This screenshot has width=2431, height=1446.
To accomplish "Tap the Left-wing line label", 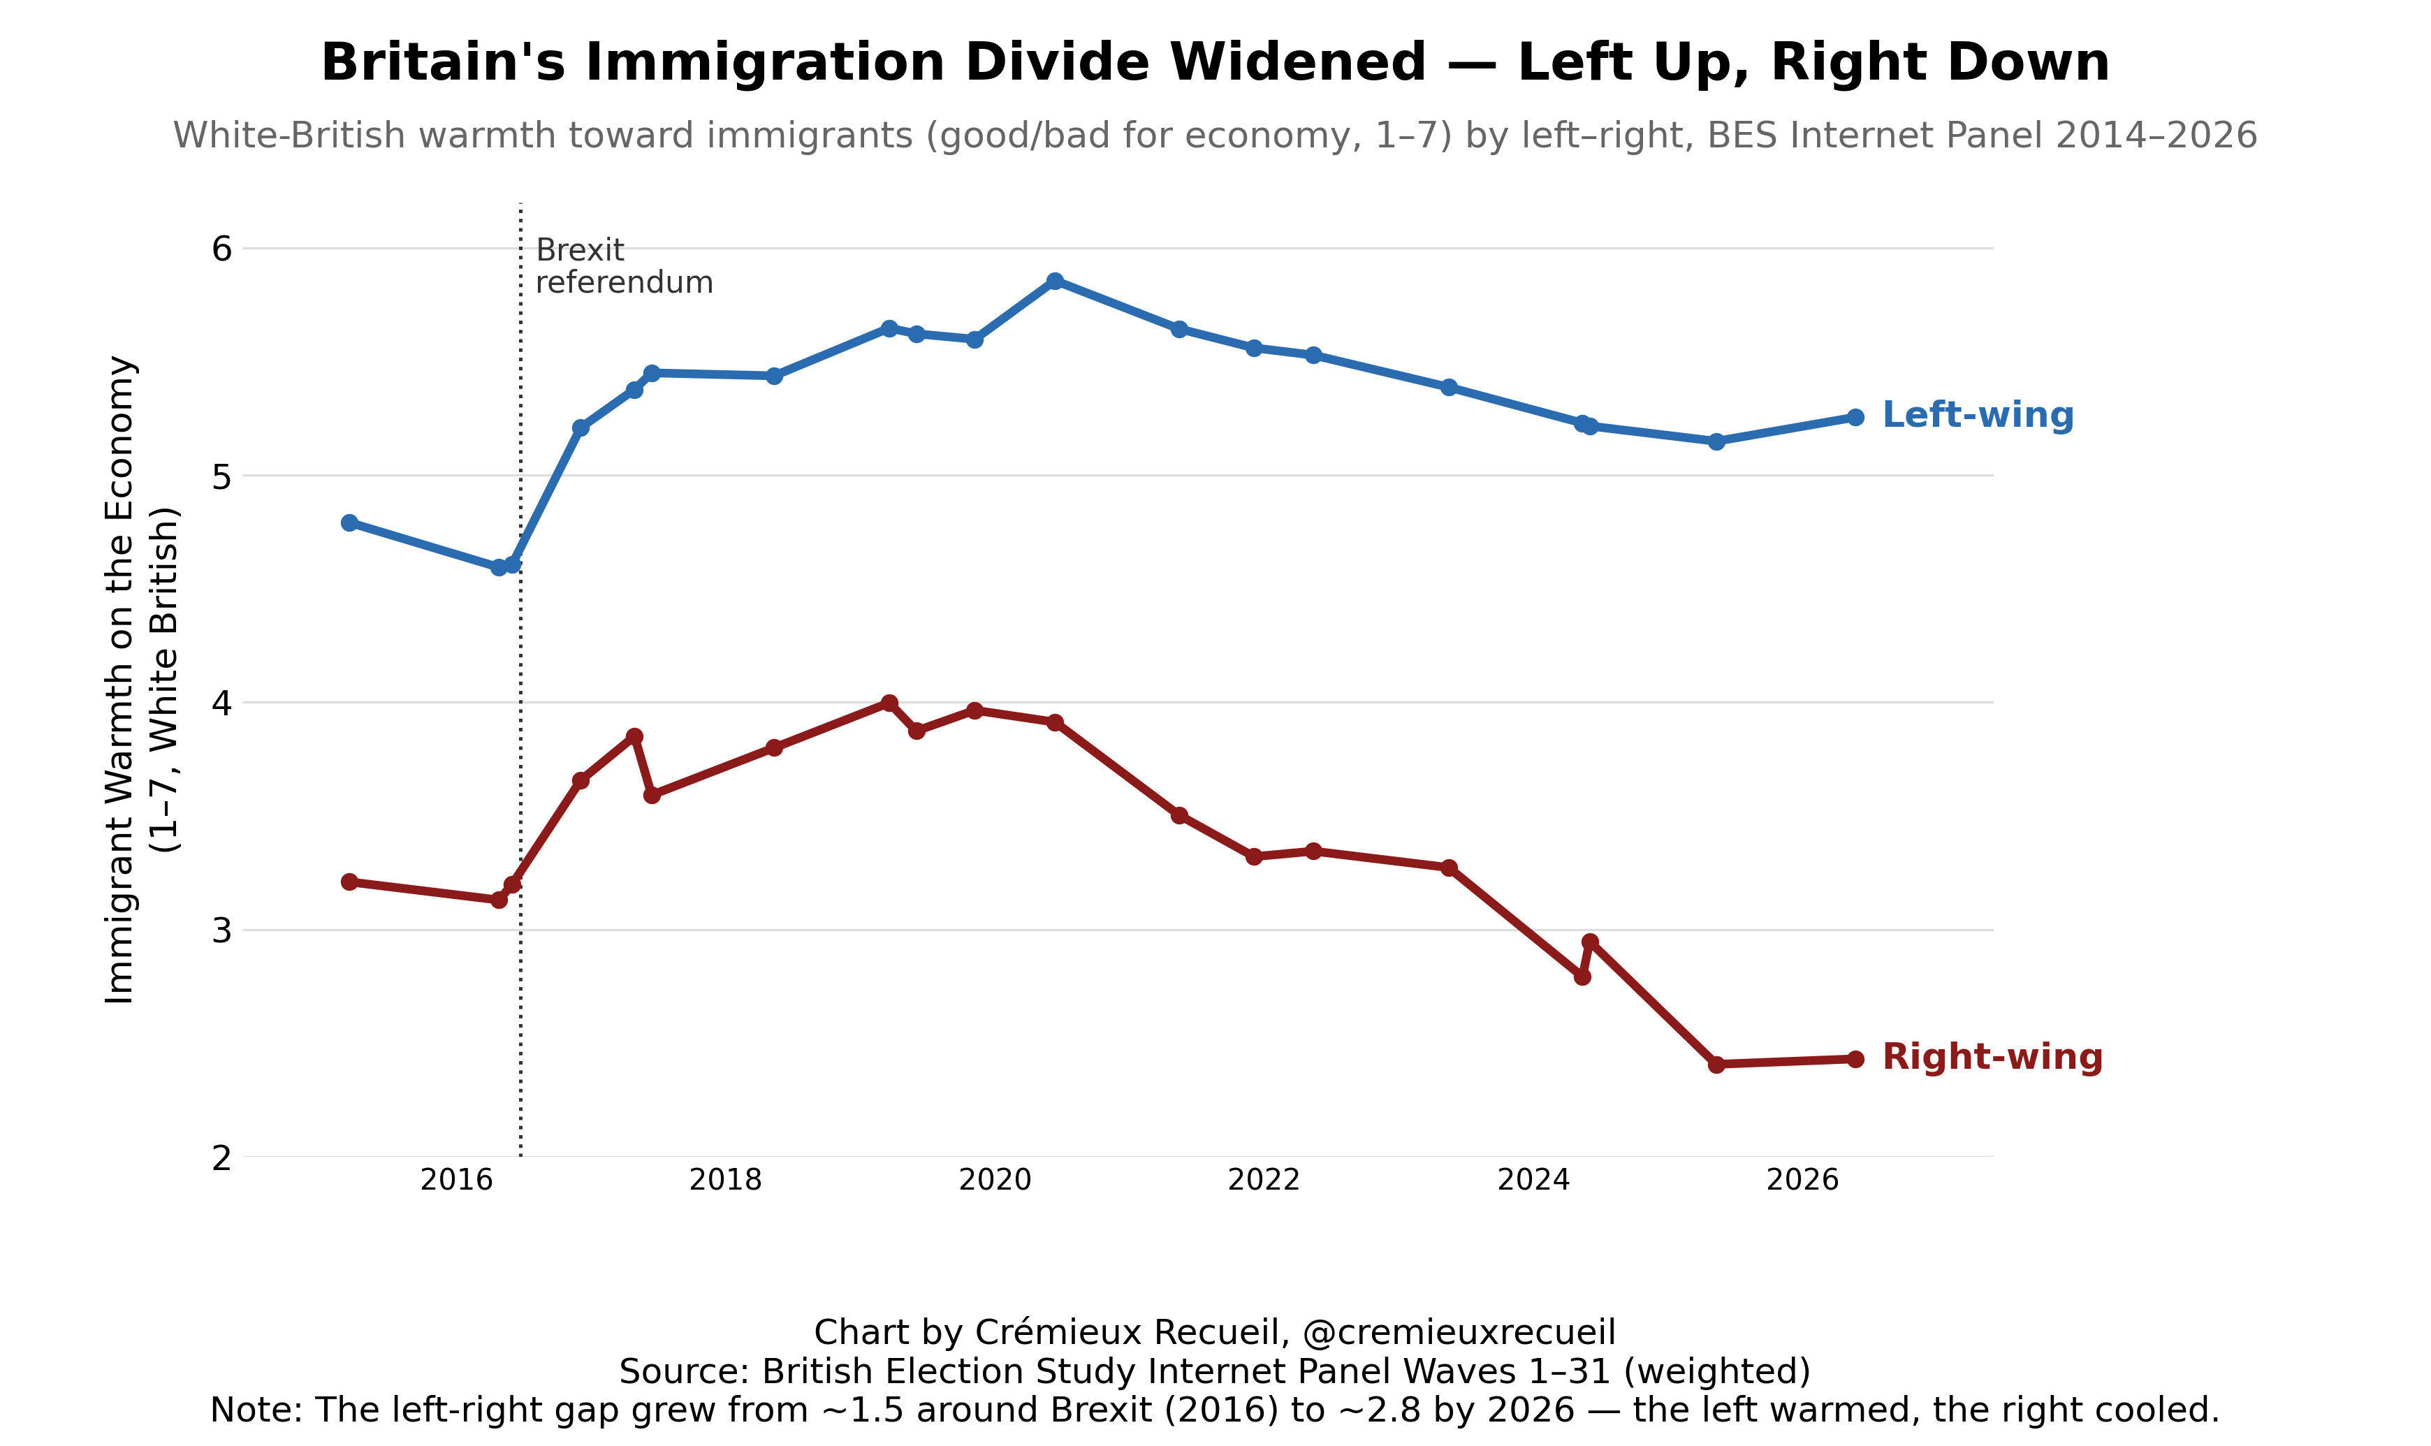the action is coord(1977,415).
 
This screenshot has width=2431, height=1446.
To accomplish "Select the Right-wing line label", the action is coord(1992,1057).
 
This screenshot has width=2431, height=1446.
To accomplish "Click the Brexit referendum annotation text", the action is coord(624,266).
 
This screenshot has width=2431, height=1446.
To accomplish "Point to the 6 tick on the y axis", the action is coord(222,249).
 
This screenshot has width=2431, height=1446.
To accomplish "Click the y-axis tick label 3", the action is coord(222,930).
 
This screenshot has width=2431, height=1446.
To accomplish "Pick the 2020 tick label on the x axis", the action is coord(995,1180).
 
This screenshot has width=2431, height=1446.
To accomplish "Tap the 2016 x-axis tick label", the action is coord(456,1180).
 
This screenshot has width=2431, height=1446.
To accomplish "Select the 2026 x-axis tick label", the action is coord(1802,1180).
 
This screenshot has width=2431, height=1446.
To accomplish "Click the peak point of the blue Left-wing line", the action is coord(1054,281).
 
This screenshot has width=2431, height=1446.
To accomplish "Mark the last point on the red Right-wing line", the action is coord(1855,1059).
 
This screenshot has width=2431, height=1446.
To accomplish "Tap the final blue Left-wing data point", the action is coord(1855,417).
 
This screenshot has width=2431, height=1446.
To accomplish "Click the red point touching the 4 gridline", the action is coord(889,703).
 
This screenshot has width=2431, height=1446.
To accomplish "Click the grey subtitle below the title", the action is coord(1215,136).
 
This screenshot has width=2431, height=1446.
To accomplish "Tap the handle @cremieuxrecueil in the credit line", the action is coord(1459,1332).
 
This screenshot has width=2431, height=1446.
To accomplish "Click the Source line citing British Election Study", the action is coord(1215,1371).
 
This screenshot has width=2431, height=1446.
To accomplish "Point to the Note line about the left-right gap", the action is coord(1215,1410).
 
